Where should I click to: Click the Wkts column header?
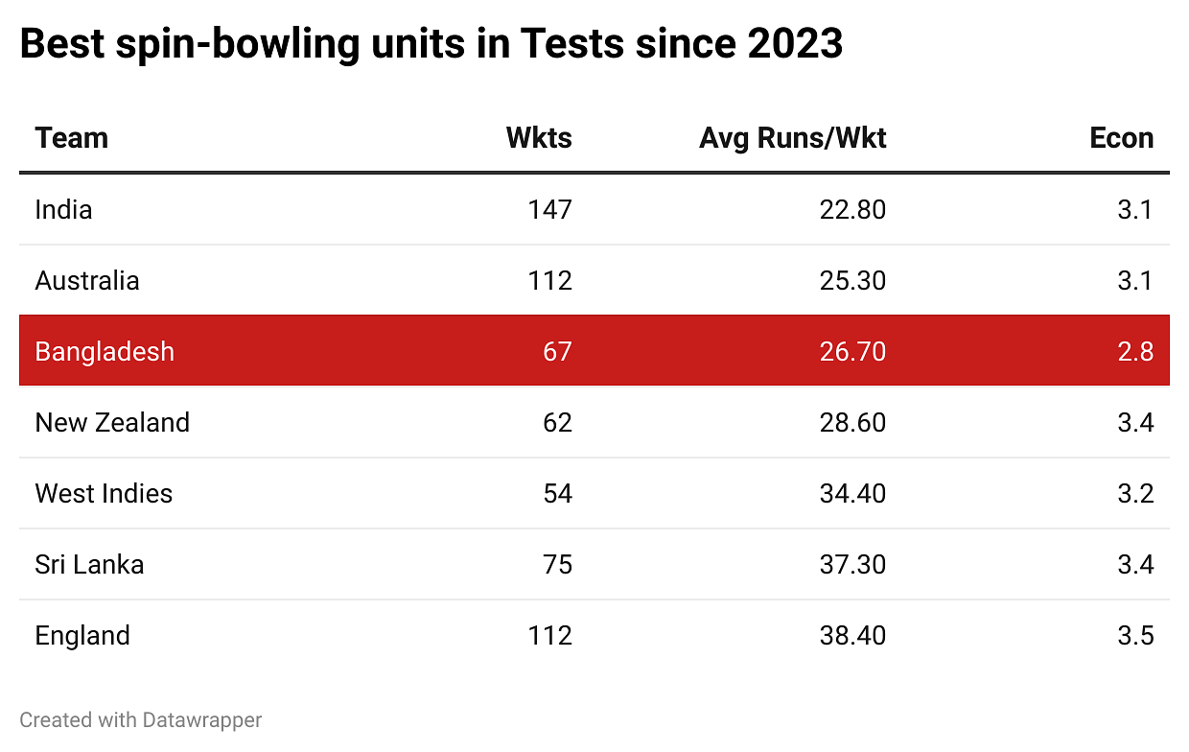(x=539, y=138)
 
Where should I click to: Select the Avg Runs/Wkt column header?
(x=792, y=138)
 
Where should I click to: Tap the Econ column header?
(x=1121, y=138)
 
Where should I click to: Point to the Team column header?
(x=72, y=138)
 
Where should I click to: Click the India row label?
(x=63, y=209)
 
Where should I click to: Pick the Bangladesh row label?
(x=105, y=351)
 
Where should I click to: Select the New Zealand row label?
(x=112, y=422)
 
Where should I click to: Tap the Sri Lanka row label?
(x=89, y=564)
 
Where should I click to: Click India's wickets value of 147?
(x=549, y=209)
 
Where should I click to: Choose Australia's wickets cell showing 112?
(x=549, y=280)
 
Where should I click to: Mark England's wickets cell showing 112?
(x=549, y=635)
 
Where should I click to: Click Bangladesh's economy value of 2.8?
(x=1135, y=351)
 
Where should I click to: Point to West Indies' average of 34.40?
(x=852, y=493)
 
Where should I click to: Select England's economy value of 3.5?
(x=1135, y=635)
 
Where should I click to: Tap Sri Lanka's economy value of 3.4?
(x=1135, y=564)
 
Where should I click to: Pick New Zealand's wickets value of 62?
(x=556, y=422)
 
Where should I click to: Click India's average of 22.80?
(x=852, y=209)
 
